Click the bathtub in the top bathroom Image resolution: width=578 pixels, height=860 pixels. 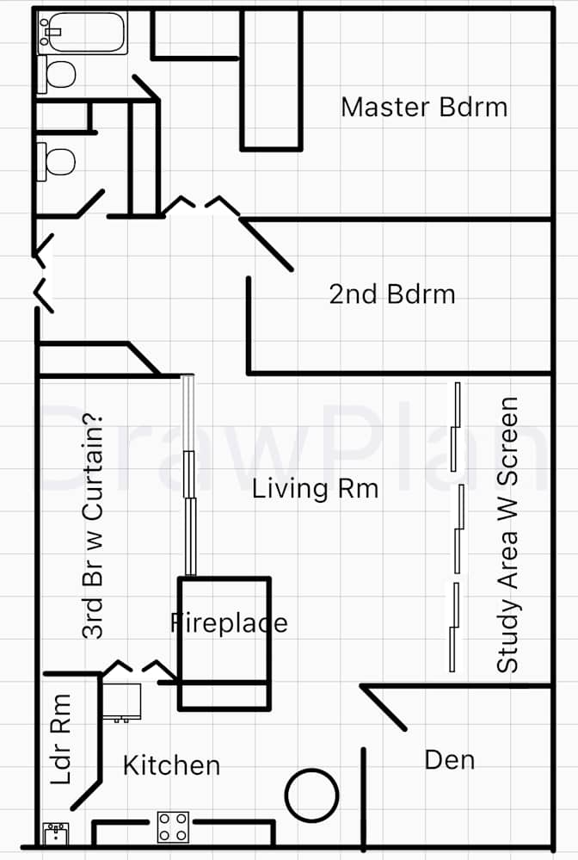83,32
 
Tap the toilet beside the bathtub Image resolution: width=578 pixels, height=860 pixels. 57,73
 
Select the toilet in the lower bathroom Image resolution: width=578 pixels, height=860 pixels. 56,161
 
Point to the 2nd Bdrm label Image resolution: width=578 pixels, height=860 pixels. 392,294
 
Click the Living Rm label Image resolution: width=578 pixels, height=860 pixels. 315,487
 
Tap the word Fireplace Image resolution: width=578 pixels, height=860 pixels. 229,623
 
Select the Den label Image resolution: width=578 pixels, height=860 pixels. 450,760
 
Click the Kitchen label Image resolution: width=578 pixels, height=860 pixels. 171,765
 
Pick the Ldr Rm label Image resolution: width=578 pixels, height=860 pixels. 60,739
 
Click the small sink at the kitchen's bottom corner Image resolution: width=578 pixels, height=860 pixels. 56,833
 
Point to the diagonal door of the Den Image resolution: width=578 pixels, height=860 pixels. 384,708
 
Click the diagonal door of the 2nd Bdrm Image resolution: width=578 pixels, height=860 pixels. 267,244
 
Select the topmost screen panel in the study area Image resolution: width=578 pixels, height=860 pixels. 455,427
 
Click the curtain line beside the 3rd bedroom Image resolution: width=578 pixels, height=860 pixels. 189,475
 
